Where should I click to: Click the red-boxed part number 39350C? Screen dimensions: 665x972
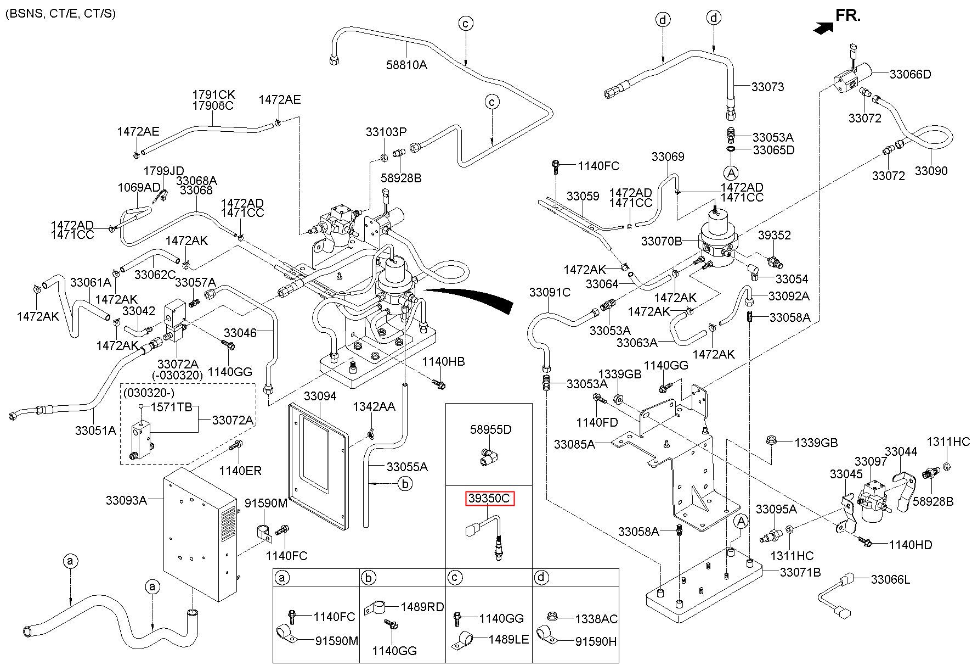[489, 499]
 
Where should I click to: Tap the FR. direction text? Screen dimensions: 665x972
[847, 15]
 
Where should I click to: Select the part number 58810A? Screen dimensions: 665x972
[406, 65]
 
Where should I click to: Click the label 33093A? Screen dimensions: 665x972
[126, 500]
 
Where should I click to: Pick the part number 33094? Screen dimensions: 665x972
[320, 396]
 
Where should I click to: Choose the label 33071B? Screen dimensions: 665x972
[800, 572]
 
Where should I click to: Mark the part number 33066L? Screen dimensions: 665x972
[890, 579]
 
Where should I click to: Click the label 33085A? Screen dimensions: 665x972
[574, 444]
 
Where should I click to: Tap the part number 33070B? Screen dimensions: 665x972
[662, 241]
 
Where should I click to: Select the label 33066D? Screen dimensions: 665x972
[910, 74]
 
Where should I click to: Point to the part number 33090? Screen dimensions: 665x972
[931, 171]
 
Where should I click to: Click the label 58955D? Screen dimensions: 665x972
[490, 429]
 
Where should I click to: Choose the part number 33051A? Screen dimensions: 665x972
[95, 431]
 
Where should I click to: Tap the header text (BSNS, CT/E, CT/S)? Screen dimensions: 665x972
[60, 13]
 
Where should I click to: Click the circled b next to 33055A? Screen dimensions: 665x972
[405, 484]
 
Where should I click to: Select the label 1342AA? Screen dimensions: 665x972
[374, 406]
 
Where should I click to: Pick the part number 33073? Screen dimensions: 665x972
[767, 87]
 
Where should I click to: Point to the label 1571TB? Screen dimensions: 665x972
[171, 407]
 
